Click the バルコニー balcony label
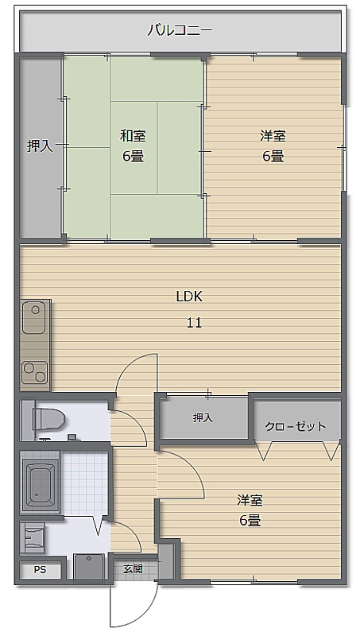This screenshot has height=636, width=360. click(180, 31)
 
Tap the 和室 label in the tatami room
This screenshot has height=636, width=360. click(133, 136)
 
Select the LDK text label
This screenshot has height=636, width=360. click(189, 297)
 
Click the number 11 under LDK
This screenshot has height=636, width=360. click(194, 323)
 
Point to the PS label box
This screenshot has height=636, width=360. click(40, 570)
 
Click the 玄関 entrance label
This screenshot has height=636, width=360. click(133, 568)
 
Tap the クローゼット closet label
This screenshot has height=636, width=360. click(296, 426)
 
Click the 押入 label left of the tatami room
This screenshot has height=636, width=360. click(40, 145)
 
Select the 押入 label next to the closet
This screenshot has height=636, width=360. click(203, 417)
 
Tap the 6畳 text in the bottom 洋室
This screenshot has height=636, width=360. click(250, 520)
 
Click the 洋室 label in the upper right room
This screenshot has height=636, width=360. click(273, 136)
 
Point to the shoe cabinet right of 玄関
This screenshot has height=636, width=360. click(165, 561)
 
